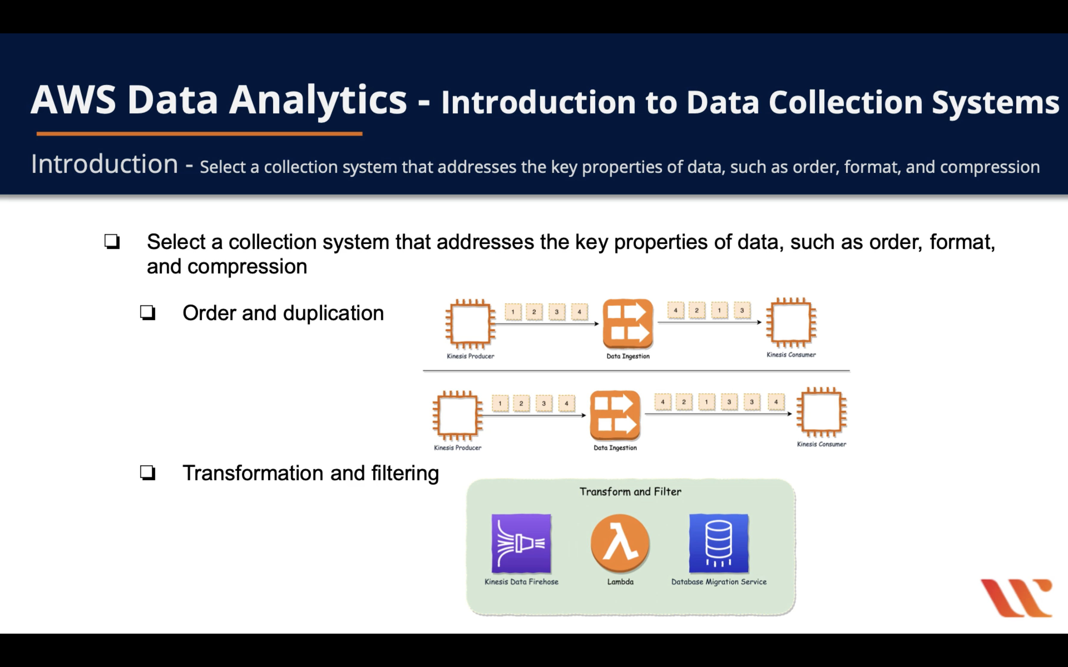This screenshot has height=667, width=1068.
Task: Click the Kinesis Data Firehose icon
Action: (521, 543)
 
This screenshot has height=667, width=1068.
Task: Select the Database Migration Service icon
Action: (718, 543)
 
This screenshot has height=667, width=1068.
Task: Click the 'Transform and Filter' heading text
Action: (630, 491)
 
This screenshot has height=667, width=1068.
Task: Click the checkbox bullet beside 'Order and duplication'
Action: (148, 313)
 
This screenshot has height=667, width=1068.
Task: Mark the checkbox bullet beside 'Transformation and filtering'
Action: (148, 473)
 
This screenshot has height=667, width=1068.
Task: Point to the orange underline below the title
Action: (199, 133)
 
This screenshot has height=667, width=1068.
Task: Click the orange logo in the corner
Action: (1016, 598)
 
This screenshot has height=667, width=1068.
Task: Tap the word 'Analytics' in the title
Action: (318, 101)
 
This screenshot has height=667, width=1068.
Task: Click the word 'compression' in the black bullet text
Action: (247, 267)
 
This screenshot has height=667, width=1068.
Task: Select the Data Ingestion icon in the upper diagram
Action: (628, 324)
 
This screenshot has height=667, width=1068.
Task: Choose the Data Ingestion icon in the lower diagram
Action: (615, 415)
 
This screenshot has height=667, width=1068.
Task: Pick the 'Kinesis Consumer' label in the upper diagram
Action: (791, 355)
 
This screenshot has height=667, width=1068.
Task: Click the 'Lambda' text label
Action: (620, 582)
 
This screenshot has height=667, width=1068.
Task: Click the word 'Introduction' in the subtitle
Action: (105, 164)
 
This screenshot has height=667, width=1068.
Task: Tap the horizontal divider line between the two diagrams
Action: (636, 371)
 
